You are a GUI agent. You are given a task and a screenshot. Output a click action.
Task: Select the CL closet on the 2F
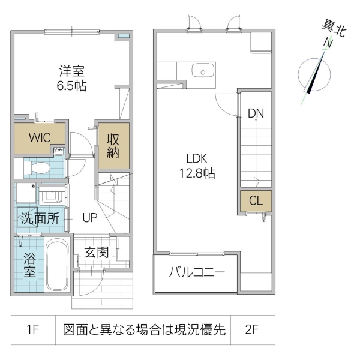click(255, 201)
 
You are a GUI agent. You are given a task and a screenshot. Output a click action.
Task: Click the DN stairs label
click(256, 113)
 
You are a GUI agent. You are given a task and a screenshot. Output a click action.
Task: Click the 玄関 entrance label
click(96, 252)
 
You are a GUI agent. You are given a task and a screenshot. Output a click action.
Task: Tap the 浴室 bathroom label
click(29, 265)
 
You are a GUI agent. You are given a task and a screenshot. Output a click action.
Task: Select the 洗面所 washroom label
click(38, 218)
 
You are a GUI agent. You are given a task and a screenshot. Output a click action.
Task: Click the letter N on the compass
click(328, 43)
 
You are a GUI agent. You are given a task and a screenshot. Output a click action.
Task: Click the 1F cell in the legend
click(33, 329)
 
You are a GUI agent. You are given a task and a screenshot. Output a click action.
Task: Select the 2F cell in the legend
click(252, 329)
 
